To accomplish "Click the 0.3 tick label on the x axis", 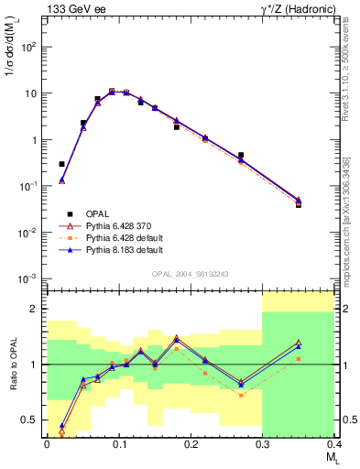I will [263, 444].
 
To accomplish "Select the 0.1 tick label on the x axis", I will [119, 444].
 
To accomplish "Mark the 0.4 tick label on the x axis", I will [333, 444].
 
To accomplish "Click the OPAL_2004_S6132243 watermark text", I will [189, 274].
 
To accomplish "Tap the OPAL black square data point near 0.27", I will [241, 156].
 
